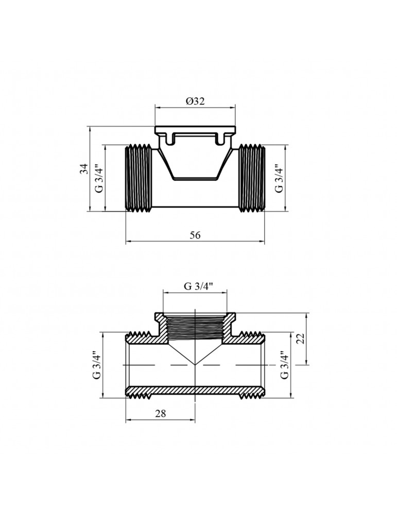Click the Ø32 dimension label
coord(195,101)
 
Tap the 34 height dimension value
coord(85,169)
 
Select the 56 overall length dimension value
coord(195,235)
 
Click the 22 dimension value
coord(302,338)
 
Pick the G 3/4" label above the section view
coord(195,286)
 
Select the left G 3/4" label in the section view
coord(97,365)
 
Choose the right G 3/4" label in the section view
coord(284,365)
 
